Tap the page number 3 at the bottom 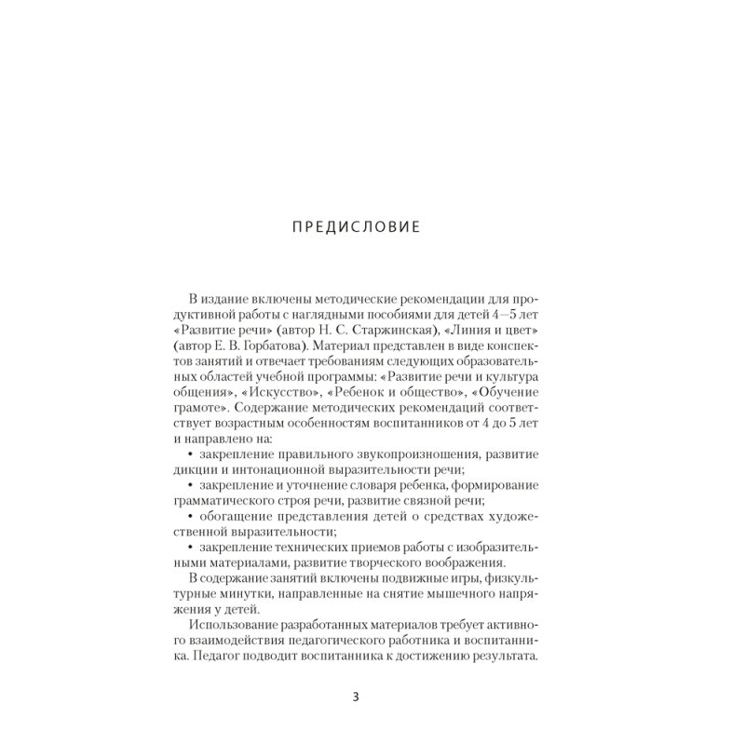tap(357, 697)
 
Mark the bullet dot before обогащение tap(177, 517)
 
